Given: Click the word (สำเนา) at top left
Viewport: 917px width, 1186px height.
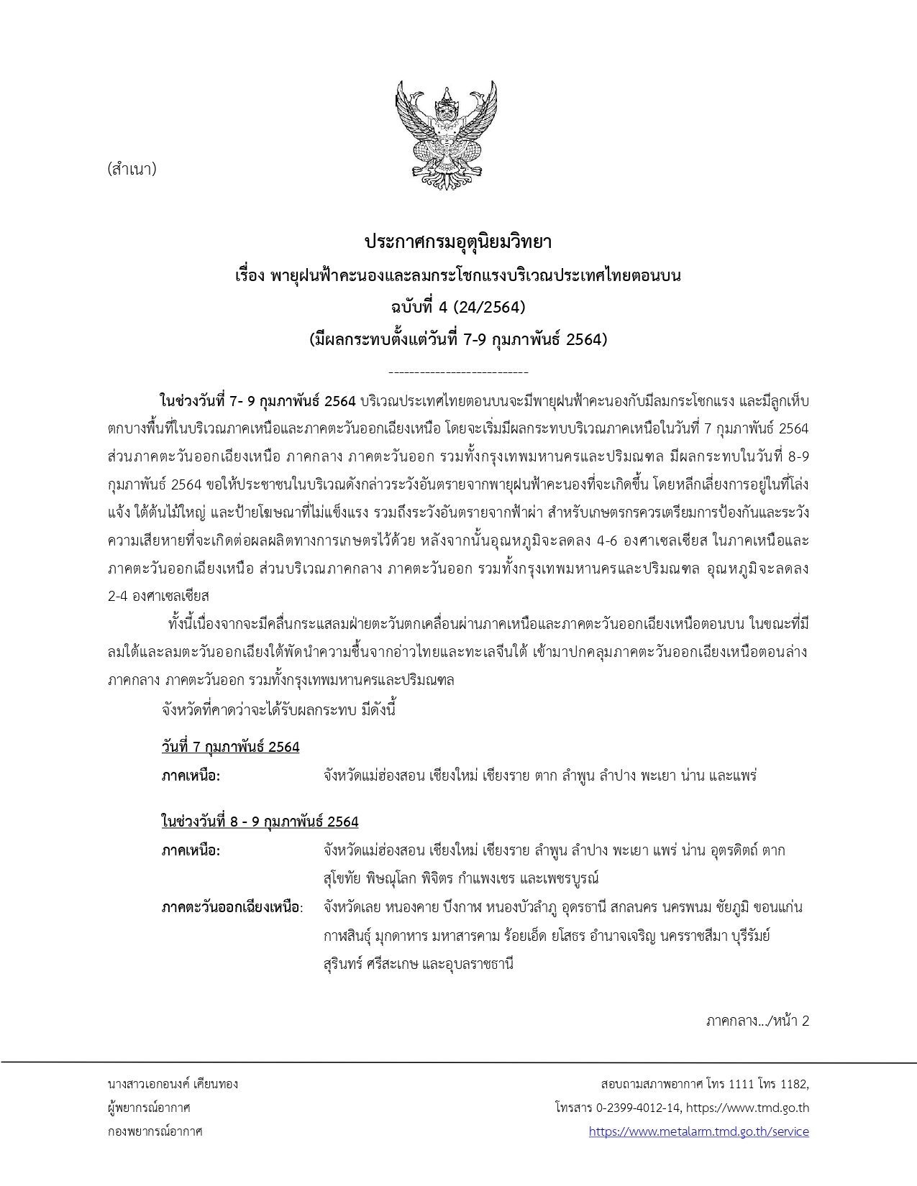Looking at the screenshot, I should [132, 170].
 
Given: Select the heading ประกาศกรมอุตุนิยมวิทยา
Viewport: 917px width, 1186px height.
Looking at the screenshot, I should [458, 242].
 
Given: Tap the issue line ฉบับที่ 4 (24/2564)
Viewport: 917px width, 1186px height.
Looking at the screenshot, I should [458, 308].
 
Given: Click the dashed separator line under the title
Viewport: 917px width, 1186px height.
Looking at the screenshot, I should [458, 372].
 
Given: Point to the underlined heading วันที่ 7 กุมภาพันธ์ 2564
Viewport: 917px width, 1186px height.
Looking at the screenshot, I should [230, 747].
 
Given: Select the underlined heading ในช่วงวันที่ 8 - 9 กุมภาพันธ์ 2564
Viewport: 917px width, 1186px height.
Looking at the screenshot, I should [260, 821].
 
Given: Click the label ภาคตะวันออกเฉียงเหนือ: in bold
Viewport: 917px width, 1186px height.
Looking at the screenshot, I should [232, 907].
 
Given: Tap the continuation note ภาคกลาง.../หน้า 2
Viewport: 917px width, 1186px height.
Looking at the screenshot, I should [757, 1021].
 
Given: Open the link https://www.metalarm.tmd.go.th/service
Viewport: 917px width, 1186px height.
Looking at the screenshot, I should [698, 1131].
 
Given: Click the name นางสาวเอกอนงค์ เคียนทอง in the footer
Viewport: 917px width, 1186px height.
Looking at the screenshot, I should [173, 1083].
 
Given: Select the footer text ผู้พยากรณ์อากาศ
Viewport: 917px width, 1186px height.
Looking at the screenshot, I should [148, 1108].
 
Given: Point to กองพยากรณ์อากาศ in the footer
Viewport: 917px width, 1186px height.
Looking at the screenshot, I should [155, 1131].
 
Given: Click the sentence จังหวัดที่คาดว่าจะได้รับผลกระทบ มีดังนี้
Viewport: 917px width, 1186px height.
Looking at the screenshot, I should [279, 710].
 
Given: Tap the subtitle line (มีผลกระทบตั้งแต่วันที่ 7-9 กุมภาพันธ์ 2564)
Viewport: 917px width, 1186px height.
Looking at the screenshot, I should [458, 340].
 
